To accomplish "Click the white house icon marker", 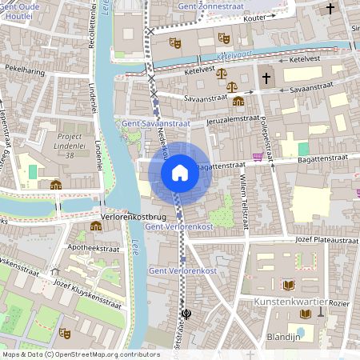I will coord(180,172).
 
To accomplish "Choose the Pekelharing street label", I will coord(24,70).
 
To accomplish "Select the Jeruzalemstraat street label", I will coord(233,119).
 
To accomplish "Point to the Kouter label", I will coord(254,17).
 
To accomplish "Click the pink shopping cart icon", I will coord(258,157).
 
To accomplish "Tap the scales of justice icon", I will coord(233,84).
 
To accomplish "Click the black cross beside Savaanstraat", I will coord(266,78).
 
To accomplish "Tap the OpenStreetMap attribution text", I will coord(80,354).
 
